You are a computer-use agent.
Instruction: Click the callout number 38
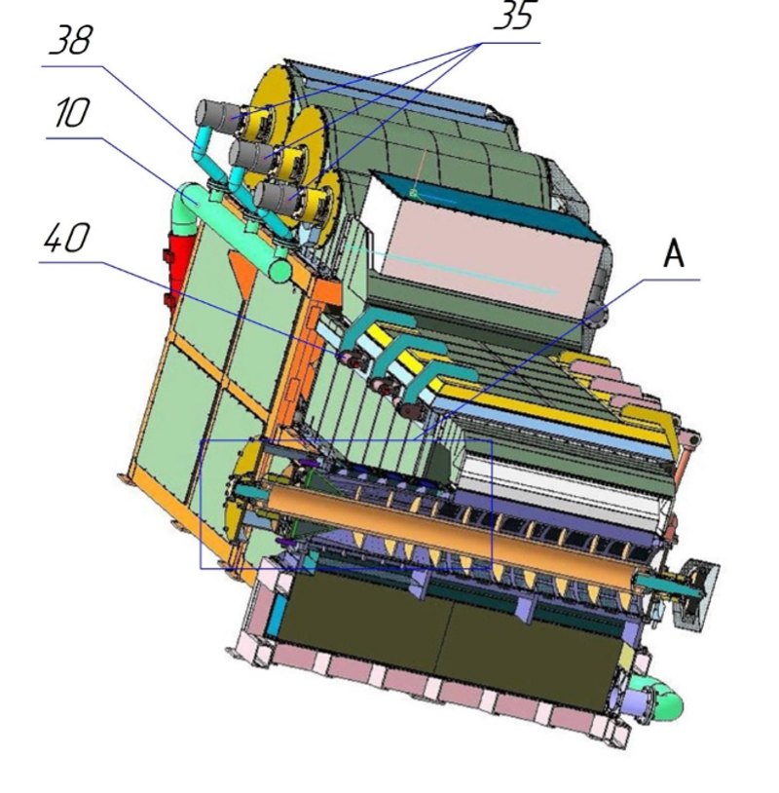point(71,40)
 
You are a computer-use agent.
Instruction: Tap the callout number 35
point(513,16)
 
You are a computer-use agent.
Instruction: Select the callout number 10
point(72,112)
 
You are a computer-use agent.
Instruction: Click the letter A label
point(673,254)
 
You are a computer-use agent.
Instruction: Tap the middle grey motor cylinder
point(251,155)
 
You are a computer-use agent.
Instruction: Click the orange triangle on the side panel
point(241,272)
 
